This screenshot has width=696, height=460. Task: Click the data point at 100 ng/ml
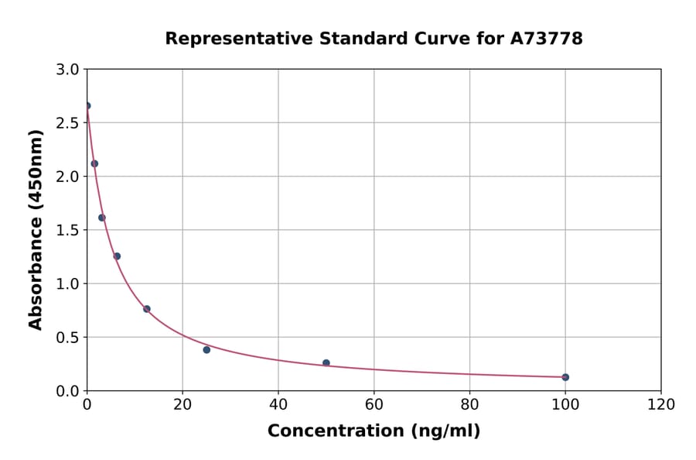coord(565,377)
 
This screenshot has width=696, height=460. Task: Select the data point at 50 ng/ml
coord(326,362)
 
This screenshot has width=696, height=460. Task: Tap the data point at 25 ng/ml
coord(206,350)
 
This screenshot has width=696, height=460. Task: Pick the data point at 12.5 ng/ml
coord(147,309)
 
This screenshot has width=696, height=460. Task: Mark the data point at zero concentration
coord(87,106)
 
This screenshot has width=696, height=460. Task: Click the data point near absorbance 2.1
coord(94,163)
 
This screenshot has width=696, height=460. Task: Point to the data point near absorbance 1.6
coord(102,218)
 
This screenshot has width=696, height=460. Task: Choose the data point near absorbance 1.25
coord(117,256)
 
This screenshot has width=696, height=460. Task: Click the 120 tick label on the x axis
coord(661,404)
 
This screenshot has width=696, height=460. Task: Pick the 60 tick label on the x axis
coord(374,404)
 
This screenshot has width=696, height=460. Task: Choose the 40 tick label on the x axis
coord(278,404)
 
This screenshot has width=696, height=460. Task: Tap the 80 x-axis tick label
coord(469,404)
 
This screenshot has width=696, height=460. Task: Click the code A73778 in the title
coord(547,39)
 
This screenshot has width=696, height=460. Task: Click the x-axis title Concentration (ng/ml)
coord(374,431)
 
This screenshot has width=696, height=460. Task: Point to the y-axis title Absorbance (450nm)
coord(36,230)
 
